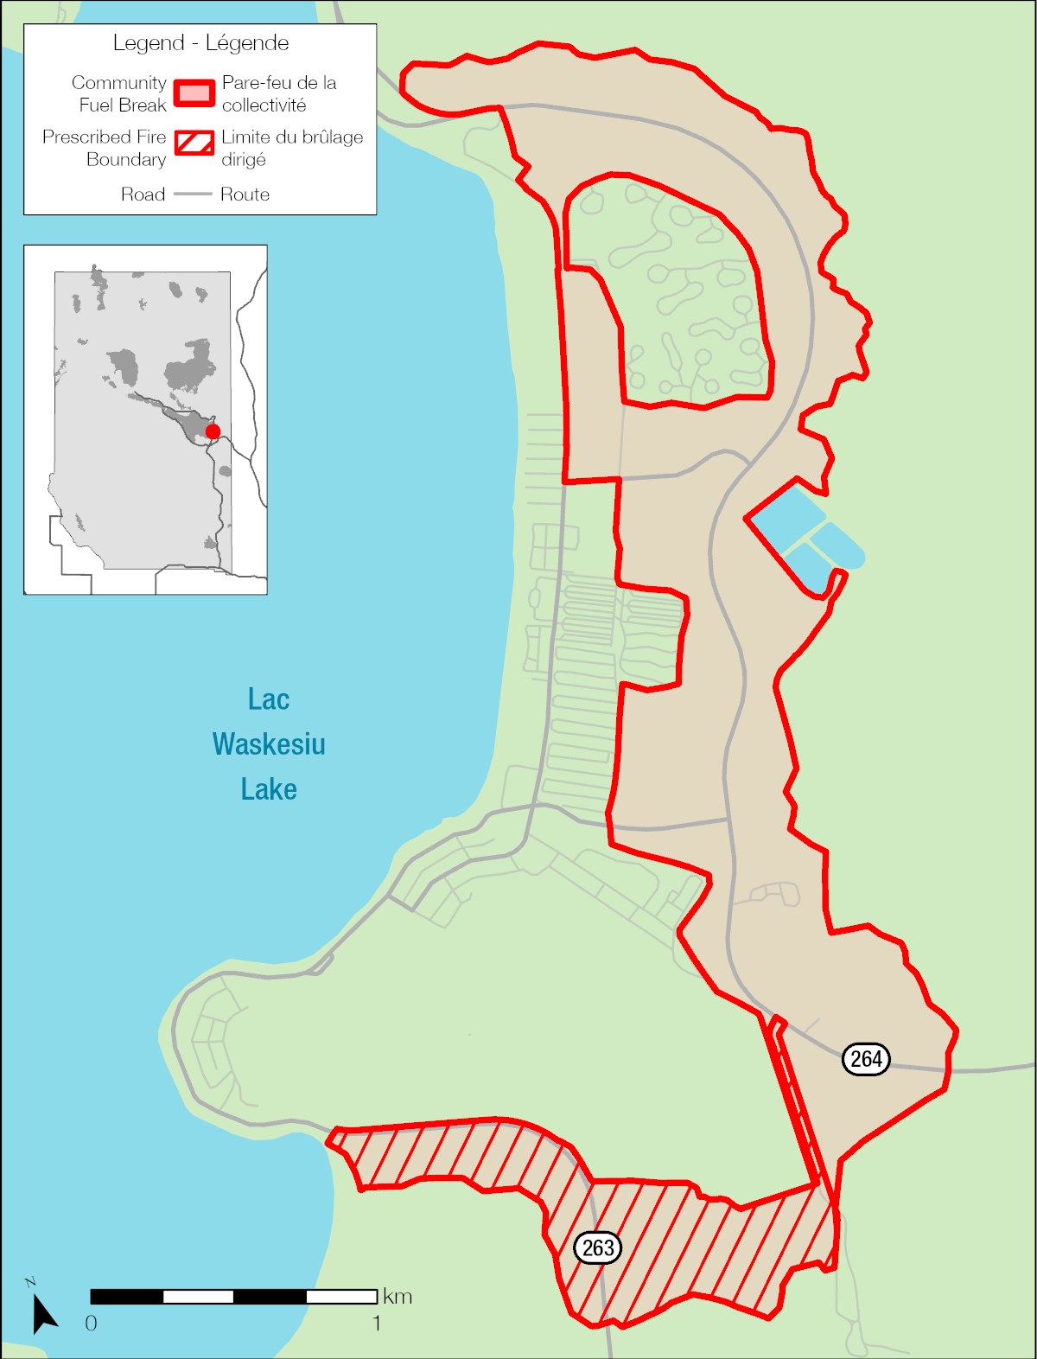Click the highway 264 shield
click(x=866, y=1059)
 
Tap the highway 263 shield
click(x=598, y=1247)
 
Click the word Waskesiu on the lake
click(x=269, y=744)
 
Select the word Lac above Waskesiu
click(x=268, y=699)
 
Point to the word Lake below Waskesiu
click(x=269, y=789)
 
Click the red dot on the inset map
click(x=213, y=431)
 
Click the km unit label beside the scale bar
click(x=398, y=1297)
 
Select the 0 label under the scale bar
click(x=91, y=1324)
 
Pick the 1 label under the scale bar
click(x=377, y=1324)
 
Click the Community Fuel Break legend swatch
click(x=194, y=93)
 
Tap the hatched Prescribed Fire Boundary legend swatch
click(x=194, y=143)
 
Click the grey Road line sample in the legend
click(x=193, y=195)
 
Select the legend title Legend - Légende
click(x=200, y=43)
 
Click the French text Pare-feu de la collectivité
click(x=278, y=93)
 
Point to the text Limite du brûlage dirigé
click(x=291, y=148)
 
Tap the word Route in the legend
click(x=245, y=195)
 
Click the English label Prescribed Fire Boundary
click(x=105, y=148)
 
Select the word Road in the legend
click(x=143, y=195)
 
